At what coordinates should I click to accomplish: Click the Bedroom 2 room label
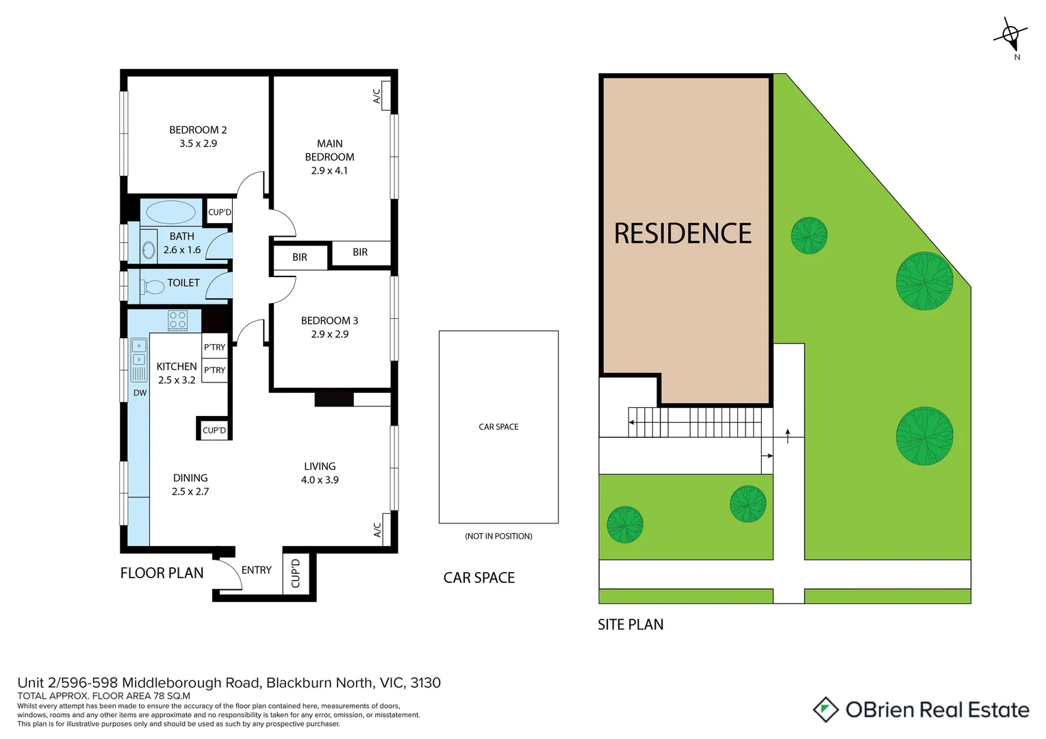pos(198,130)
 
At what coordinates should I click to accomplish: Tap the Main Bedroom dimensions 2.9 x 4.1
pos(329,170)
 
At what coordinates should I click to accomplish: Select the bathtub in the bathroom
pos(171,212)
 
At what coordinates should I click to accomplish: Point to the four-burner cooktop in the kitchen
pos(178,320)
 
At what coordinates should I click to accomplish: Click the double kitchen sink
pos(139,352)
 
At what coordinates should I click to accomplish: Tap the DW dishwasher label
pos(140,393)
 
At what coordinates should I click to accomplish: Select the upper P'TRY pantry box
pos(214,347)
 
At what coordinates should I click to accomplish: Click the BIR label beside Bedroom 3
pos(300,257)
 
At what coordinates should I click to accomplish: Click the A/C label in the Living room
pos(377,530)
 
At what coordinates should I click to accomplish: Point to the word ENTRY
pos(256,570)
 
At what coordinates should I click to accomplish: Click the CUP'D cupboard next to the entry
pos(296,573)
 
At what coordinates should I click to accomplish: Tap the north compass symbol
pos(1010,34)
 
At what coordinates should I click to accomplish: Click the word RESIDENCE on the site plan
pos(683,233)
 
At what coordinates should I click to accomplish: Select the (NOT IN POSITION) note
pos(498,536)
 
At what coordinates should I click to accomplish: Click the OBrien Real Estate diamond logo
pos(826,710)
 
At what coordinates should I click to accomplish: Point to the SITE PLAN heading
pos(630,624)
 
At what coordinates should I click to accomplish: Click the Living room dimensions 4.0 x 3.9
pos(320,480)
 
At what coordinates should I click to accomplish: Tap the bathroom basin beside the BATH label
pos(149,250)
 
